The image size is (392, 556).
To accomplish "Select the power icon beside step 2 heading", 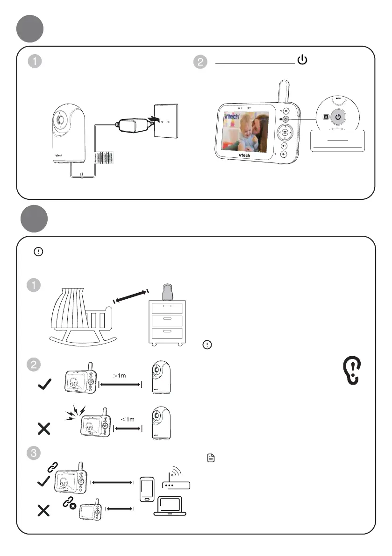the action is [x=302, y=60].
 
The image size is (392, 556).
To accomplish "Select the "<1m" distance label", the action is [x=128, y=419].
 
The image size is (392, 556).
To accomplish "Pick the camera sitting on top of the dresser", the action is [x=168, y=292].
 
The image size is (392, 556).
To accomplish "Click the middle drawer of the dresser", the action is [x=168, y=321].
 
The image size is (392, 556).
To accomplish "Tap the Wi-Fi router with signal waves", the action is [x=177, y=479].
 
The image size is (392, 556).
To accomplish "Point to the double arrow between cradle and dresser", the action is [x=131, y=297].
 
